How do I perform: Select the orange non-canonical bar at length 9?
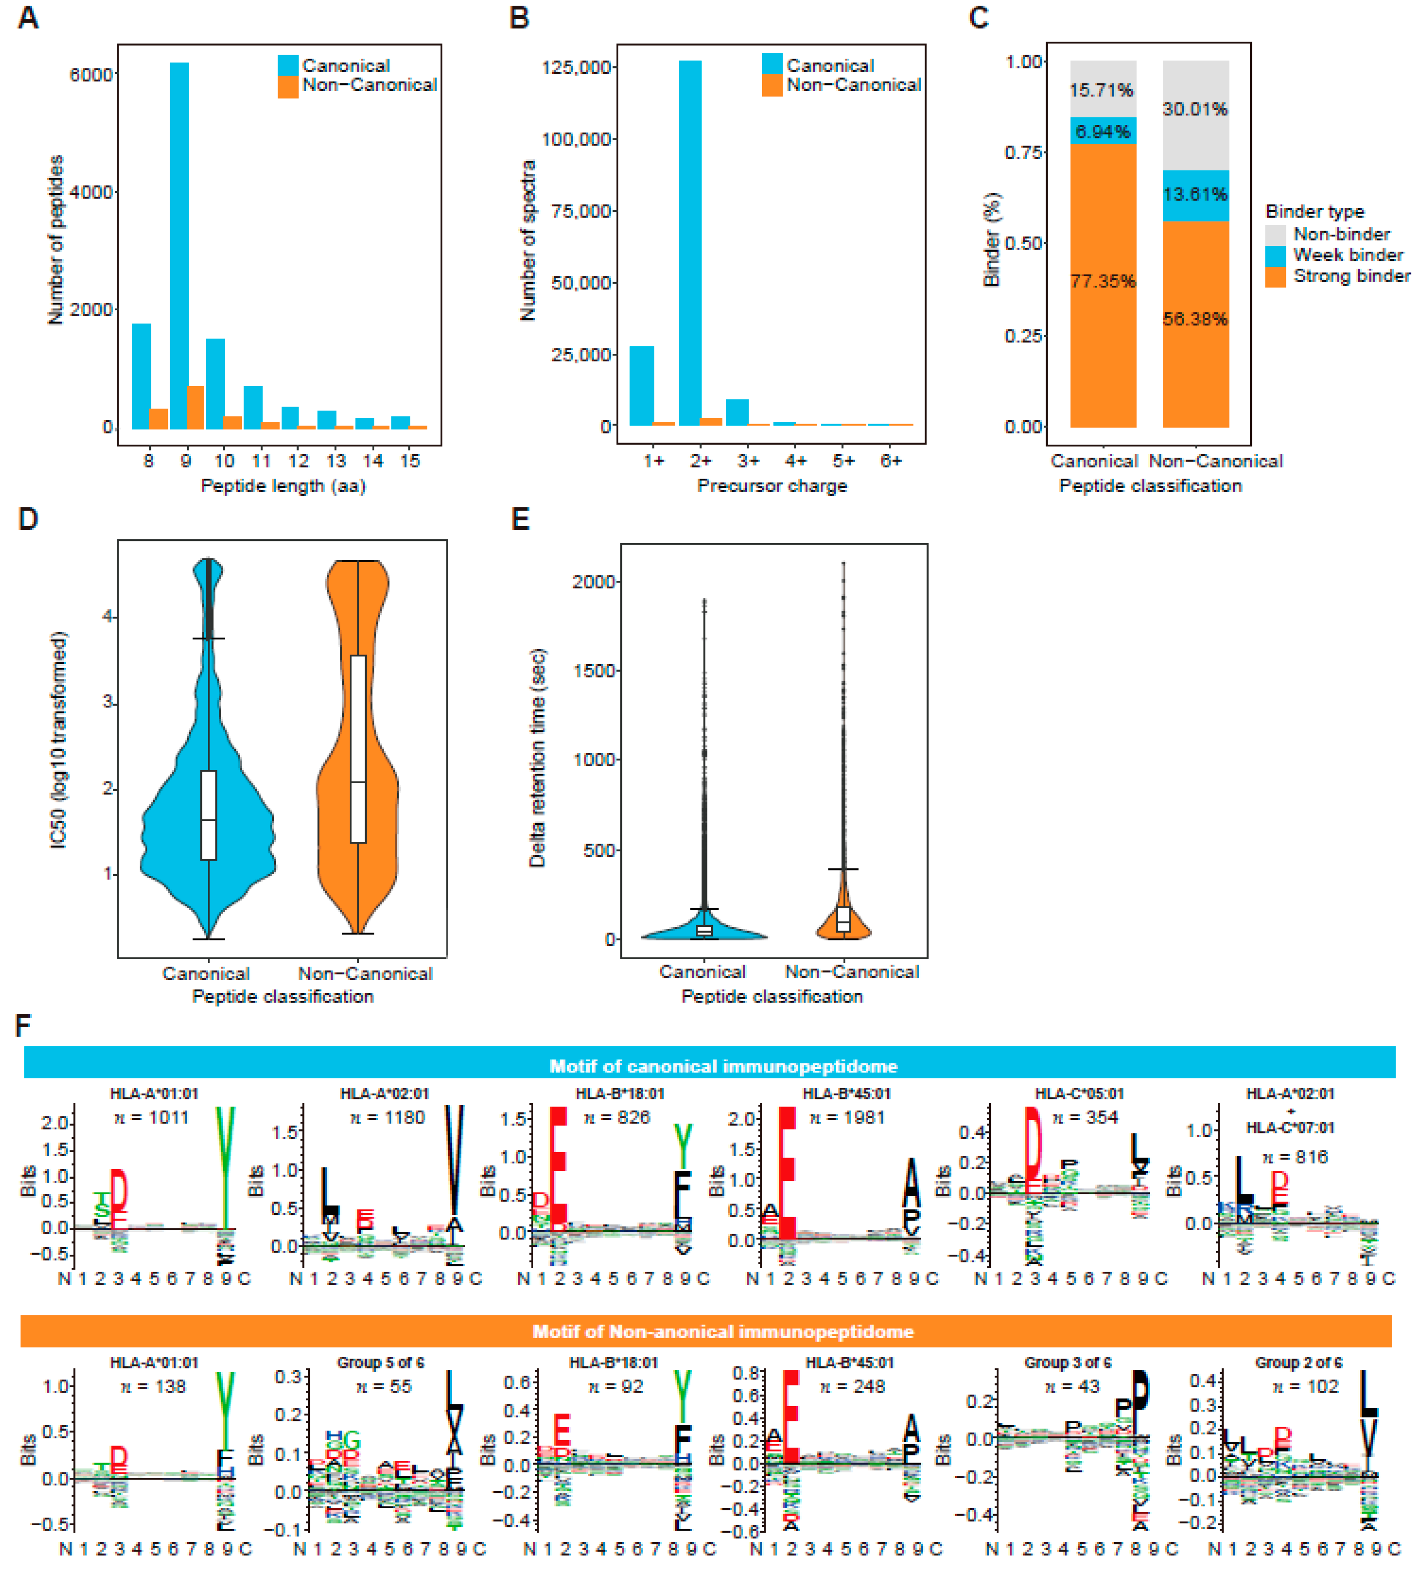[195, 408]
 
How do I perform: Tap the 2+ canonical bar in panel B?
[690, 243]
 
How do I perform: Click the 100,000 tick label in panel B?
[576, 139]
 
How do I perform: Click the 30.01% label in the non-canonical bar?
[1195, 109]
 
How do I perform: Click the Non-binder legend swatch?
[1275, 234]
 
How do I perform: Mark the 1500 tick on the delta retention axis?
[595, 670]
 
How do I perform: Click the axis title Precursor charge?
[771, 486]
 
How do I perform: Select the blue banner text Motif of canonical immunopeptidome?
[723, 1066]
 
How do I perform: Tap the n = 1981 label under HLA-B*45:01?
[847, 1118]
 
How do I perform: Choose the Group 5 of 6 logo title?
[381, 1363]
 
